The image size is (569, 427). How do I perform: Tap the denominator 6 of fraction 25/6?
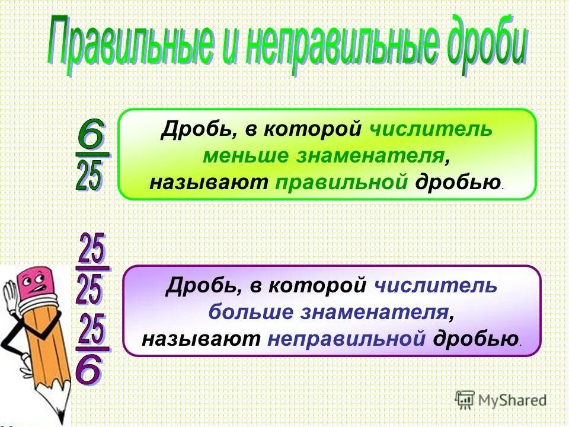(89, 371)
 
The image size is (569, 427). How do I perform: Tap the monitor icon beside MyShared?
(465, 400)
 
